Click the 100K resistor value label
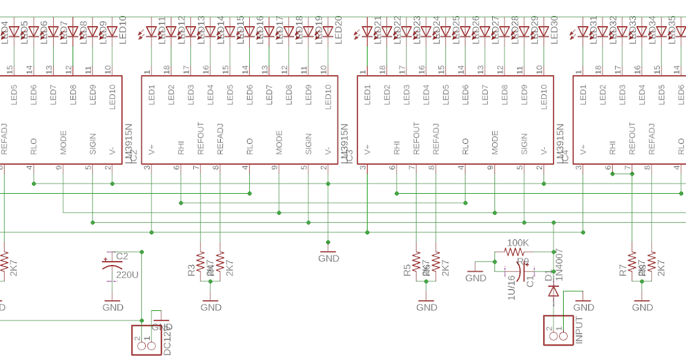click(518, 243)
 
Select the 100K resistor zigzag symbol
click(514, 251)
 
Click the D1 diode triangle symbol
click(553, 291)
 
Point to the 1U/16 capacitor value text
click(512, 286)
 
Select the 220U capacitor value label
click(127, 275)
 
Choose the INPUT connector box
click(558, 330)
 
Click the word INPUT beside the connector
click(580, 330)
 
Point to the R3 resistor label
click(192, 270)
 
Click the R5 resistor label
click(407, 270)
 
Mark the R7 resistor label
click(623, 270)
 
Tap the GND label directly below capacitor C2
click(113, 307)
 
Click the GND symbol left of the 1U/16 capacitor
click(476, 278)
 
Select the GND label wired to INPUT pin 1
click(583, 307)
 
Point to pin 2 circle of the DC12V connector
click(139, 347)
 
